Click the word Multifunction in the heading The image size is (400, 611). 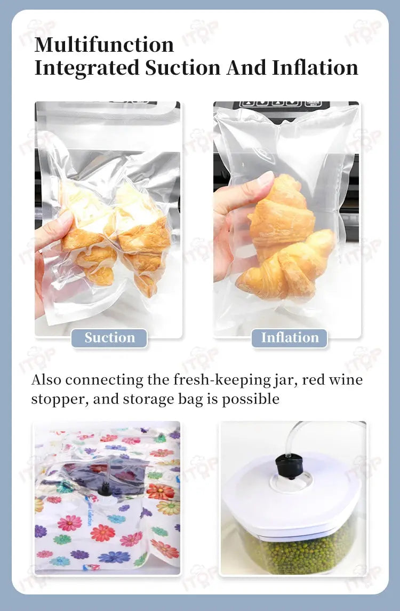point(104,44)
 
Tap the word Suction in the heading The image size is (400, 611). point(183,68)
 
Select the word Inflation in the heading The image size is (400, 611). point(315,68)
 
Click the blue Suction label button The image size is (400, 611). point(109,338)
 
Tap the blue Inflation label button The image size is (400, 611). point(290,338)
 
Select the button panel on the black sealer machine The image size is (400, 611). point(281,104)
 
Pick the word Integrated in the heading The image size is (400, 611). point(87,68)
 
